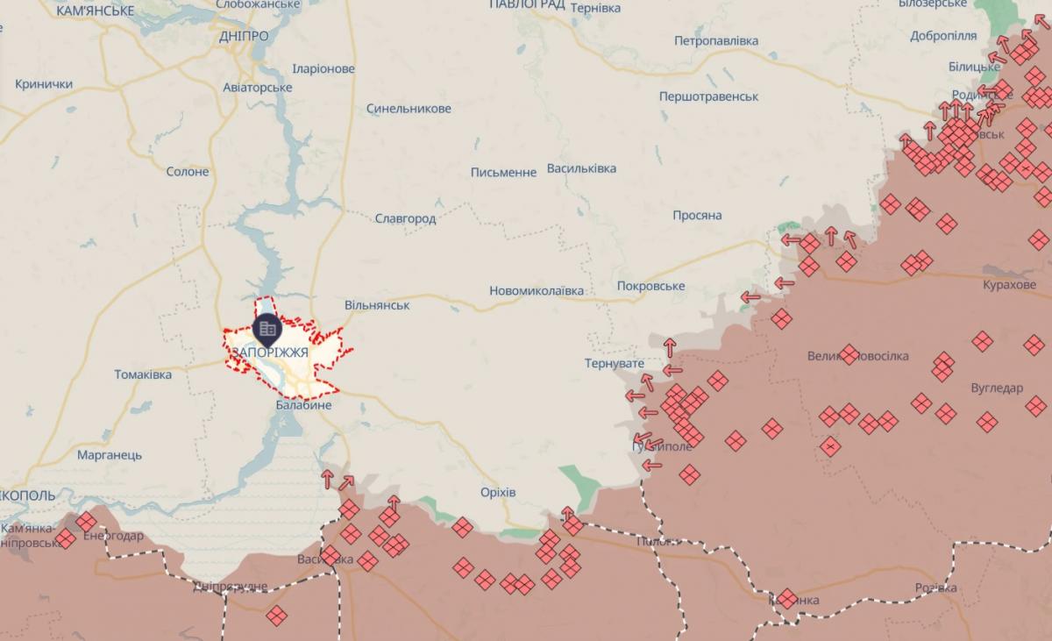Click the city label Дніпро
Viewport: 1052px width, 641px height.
coord(245,36)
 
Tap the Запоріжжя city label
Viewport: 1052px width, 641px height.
coord(269,352)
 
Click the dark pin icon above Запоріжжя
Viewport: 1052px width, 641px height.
coord(267,329)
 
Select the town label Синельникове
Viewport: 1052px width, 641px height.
coord(409,109)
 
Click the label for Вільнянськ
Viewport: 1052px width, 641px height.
coord(377,304)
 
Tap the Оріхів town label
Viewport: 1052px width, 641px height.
coord(498,492)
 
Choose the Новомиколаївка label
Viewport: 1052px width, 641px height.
coord(537,290)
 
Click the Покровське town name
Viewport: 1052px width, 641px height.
coord(650,286)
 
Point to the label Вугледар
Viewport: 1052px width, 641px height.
coord(997,388)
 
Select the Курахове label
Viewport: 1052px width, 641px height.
coord(1010,285)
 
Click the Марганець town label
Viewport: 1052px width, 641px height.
coord(110,455)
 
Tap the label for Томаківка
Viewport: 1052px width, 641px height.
coord(143,374)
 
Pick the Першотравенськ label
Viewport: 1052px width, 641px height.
coord(709,96)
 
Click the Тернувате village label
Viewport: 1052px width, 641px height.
coord(615,363)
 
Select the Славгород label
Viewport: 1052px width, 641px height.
coord(405,218)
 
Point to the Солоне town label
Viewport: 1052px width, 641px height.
coord(188,171)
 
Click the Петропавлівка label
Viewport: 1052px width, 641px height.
coord(716,40)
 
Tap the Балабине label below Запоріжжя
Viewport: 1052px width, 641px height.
coord(303,405)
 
